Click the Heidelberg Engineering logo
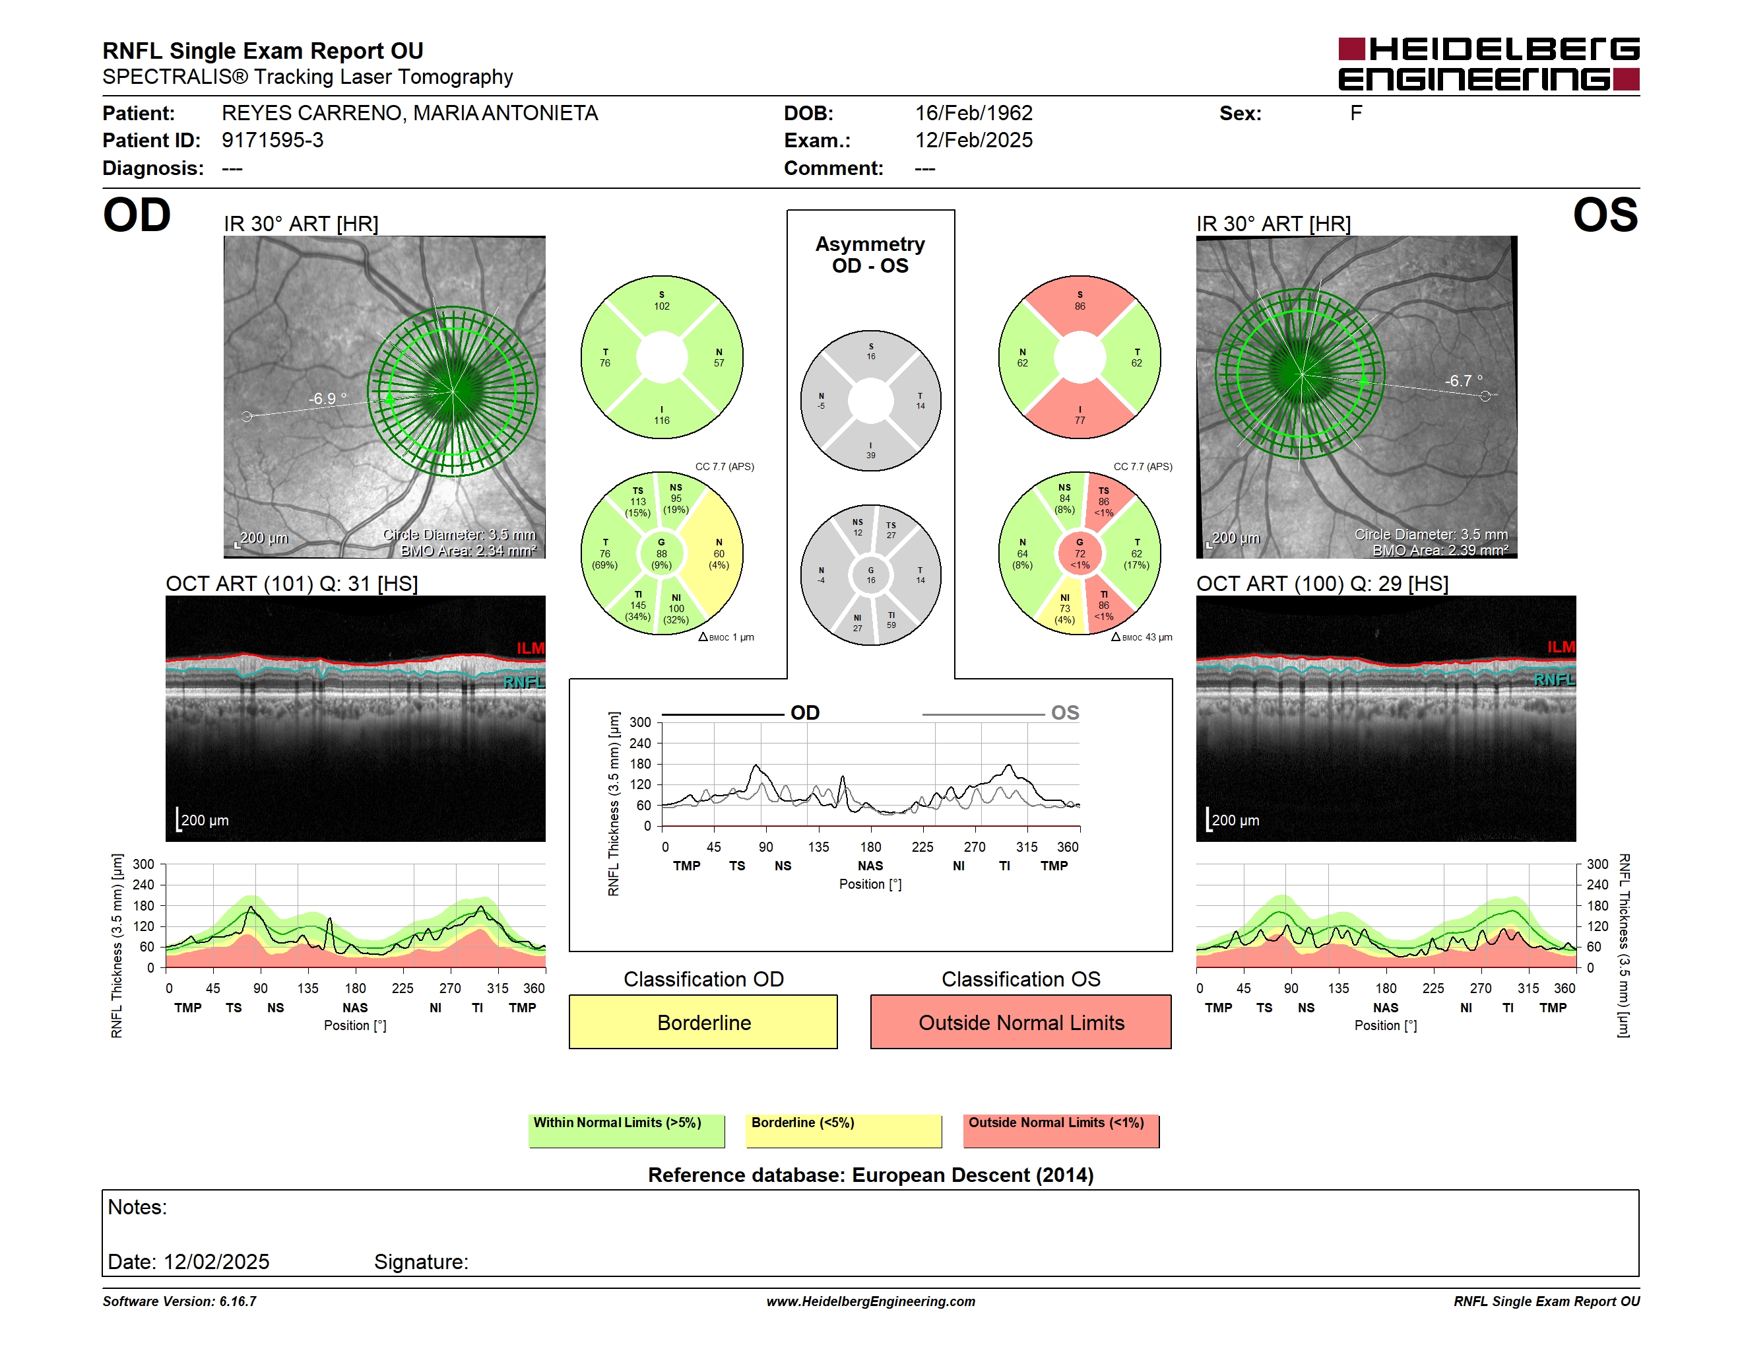(x=1489, y=64)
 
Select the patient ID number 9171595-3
(x=273, y=141)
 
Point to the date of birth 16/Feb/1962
(x=973, y=114)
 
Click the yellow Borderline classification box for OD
(x=703, y=1021)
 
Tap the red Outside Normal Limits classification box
(x=1021, y=1021)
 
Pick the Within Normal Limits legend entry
(x=626, y=1130)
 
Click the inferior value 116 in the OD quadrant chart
(x=662, y=421)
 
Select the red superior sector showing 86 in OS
(x=1080, y=303)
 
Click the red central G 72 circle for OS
(x=1080, y=553)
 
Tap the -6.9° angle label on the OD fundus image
(x=328, y=398)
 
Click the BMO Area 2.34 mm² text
(x=468, y=551)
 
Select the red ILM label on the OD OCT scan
(x=531, y=648)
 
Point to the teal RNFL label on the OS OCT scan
(x=1555, y=679)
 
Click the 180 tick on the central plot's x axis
(x=870, y=846)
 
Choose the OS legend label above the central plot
(x=1065, y=712)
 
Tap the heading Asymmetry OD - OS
(x=870, y=255)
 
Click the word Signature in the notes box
(x=421, y=1262)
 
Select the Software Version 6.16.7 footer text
(x=179, y=1301)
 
